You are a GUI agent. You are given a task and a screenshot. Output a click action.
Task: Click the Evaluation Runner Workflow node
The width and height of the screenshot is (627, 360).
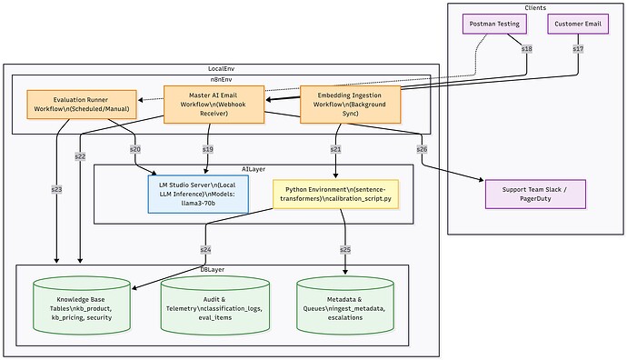pos(81,103)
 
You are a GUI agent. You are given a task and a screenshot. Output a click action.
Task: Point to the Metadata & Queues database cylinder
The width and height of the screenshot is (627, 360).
pos(347,305)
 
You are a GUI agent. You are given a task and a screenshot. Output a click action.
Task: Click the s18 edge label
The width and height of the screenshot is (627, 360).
pos(526,48)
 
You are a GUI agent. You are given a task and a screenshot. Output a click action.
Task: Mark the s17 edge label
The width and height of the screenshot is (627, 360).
pos(577,48)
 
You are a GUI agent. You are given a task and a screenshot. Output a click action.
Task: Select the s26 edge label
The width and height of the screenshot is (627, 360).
pos(422,148)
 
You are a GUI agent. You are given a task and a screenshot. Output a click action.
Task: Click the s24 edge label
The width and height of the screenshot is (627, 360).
pos(206,248)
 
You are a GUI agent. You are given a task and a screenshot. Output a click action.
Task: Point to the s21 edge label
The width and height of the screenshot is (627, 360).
pos(337,148)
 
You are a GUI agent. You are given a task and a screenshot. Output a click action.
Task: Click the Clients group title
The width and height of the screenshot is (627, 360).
pos(535,7)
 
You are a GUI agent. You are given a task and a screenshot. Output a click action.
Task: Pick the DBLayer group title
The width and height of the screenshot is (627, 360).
pos(213,269)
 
